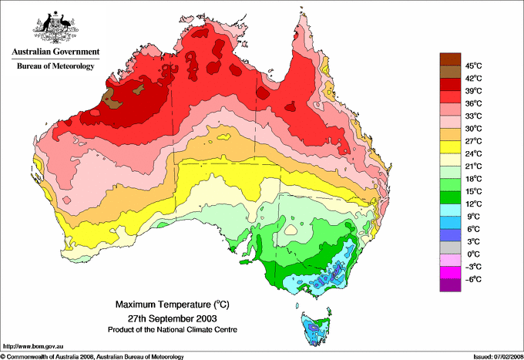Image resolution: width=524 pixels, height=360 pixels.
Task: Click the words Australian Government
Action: tap(55, 52)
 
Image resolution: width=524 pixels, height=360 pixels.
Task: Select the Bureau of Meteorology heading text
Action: tap(55, 66)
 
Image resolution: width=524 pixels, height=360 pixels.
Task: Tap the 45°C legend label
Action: tap(473, 66)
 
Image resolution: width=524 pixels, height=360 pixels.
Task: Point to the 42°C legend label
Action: tap(473, 78)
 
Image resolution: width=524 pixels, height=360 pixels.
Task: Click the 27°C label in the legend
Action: tap(473, 141)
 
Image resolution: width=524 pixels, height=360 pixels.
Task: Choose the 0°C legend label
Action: tap(473, 254)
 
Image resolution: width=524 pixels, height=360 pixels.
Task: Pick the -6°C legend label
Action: tap(473, 279)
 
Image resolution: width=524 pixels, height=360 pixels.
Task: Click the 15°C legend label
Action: tap(473, 191)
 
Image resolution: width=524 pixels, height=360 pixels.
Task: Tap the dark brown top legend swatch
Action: tap(449, 59)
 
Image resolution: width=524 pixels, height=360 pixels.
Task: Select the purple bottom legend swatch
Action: tap(449, 285)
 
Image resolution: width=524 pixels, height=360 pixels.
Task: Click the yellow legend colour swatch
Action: tap(449, 147)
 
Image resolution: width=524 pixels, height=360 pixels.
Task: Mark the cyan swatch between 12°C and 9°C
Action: tap(449, 210)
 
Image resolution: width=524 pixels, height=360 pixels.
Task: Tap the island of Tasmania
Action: tap(316, 327)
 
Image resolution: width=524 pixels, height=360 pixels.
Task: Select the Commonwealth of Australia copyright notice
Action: tap(92, 356)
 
